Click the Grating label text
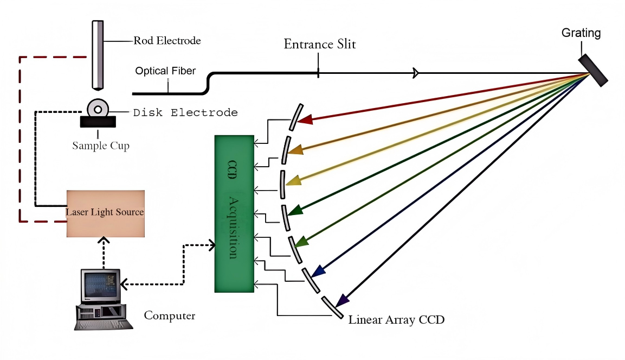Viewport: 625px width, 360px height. click(581, 33)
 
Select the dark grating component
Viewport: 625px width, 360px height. click(592, 69)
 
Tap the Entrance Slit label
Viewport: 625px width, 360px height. click(320, 45)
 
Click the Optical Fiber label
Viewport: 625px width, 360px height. click(165, 71)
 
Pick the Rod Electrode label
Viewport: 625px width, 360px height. click(167, 41)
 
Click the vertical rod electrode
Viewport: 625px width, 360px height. click(98, 54)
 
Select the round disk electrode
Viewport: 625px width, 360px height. click(98, 109)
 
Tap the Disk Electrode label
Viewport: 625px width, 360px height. click(185, 113)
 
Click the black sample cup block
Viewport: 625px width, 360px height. click(98, 122)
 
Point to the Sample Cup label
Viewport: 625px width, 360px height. click(101, 146)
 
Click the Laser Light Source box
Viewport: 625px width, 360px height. click(106, 213)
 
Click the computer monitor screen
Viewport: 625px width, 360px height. click(100, 285)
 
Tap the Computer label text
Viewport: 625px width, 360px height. click(170, 315)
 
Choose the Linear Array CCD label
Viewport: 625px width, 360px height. click(396, 319)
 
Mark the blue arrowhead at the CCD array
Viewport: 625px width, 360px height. click(319, 270)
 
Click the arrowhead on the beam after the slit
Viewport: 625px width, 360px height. click(416, 72)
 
